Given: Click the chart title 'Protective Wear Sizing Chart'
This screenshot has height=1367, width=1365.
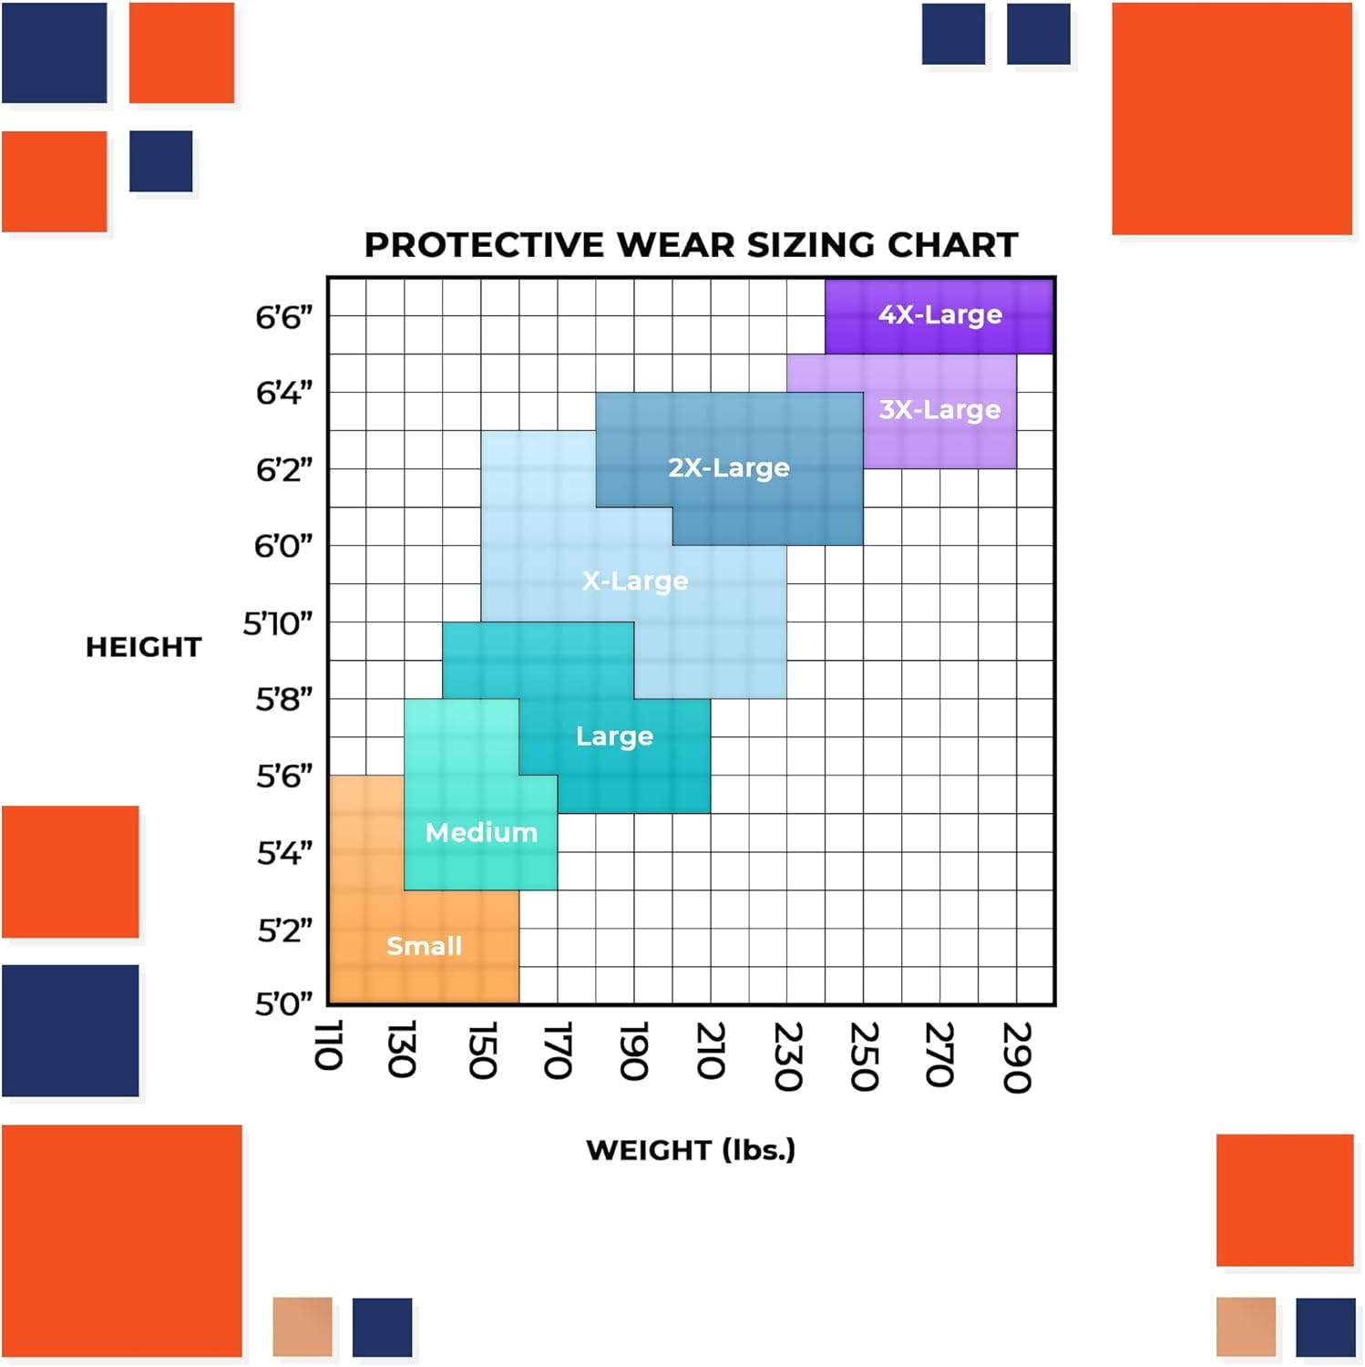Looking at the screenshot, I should pyautogui.click(x=691, y=245).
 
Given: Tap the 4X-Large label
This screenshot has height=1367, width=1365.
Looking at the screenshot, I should pyautogui.click(x=939, y=314).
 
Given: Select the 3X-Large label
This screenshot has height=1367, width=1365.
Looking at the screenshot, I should pyautogui.click(x=939, y=409).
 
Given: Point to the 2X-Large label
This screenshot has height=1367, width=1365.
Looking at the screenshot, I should pyautogui.click(x=729, y=468).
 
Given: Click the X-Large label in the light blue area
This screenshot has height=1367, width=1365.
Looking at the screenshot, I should pyautogui.click(x=635, y=581).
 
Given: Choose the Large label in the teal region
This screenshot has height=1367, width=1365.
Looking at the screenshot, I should pyautogui.click(x=614, y=735).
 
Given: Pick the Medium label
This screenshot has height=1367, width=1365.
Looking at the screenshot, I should pyautogui.click(x=481, y=832).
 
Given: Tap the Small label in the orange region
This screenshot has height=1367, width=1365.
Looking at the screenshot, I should pyautogui.click(x=425, y=946).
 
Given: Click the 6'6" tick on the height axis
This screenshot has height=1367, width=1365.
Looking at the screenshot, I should pyautogui.click(x=283, y=318).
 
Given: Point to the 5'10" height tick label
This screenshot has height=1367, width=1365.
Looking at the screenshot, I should pyautogui.click(x=278, y=624).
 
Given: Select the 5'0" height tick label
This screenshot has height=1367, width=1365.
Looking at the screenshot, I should pyautogui.click(x=283, y=1004).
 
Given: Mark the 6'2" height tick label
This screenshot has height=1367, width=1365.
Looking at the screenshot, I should pyautogui.click(x=283, y=470).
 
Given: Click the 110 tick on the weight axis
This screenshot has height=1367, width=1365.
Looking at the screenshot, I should pyautogui.click(x=328, y=1045).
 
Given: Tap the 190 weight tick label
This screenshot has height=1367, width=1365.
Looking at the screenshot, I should pyautogui.click(x=634, y=1051).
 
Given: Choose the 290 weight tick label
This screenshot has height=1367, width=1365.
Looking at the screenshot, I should pyautogui.click(x=1017, y=1056).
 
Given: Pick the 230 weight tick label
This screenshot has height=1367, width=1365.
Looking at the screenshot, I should pyautogui.click(x=787, y=1056).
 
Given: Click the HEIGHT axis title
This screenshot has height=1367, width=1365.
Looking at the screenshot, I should pyautogui.click(x=144, y=647).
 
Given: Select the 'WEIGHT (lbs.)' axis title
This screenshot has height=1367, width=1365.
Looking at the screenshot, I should pyautogui.click(x=691, y=1150).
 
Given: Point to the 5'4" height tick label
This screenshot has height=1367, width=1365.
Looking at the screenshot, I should pyautogui.click(x=284, y=854).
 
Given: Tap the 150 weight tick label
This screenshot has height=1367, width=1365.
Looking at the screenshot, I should pyautogui.click(x=481, y=1051).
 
